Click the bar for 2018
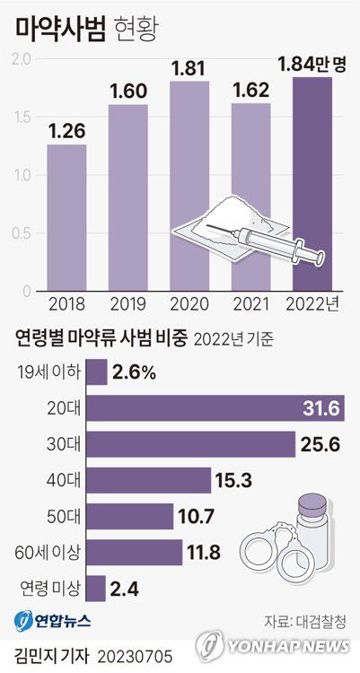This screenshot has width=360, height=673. coord(66,217)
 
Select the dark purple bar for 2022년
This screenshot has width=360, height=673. coord(311,184)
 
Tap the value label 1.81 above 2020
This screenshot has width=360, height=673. coord(189,67)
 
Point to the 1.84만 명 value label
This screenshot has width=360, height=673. coord(312,64)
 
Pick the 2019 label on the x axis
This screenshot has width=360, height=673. coord(127,303)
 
